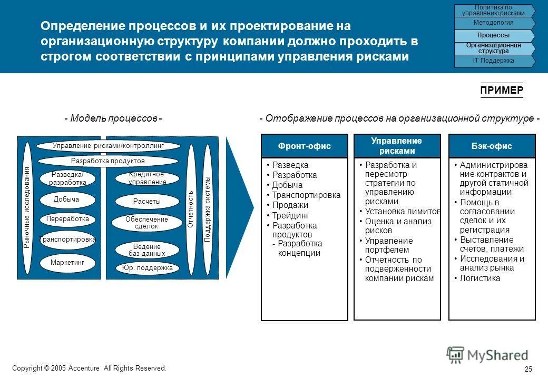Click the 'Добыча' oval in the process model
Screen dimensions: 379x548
(x=66, y=200)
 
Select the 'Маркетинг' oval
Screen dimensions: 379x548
(x=67, y=262)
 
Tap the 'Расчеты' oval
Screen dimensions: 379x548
(x=147, y=202)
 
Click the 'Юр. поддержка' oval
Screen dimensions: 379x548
(x=147, y=268)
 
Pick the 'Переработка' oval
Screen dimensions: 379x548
(x=67, y=218)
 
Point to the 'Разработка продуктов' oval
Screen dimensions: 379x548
(x=107, y=161)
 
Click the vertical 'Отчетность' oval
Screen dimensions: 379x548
(x=191, y=209)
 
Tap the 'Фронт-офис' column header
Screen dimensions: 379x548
(x=305, y=146)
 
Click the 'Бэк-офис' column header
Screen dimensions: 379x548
(x=492, y=146)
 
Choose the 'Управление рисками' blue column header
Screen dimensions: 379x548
(x=397, y=146)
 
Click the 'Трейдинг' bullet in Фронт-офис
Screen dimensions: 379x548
(x=290, y=215)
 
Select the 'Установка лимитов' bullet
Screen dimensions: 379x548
(x=403, y=211)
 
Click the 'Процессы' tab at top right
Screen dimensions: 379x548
(x=493, y=35)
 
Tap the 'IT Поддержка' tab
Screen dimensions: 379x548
(x=493, y=61)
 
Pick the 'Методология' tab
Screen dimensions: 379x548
(x=493, y=23)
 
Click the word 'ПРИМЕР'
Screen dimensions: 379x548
(x=502, y=91)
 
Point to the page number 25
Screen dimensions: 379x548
(x=529, y=369)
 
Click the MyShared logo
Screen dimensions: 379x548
(x=487, y=355)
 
